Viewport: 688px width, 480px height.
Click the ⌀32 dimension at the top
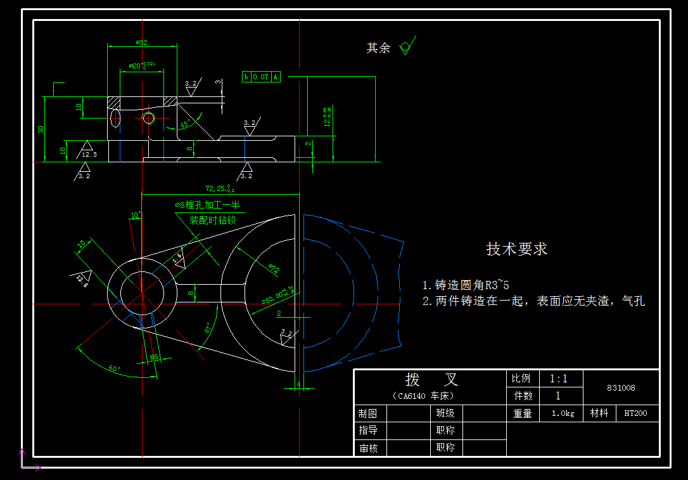click(x=142, y=42)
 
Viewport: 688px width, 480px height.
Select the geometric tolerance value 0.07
click(x=261, y=77)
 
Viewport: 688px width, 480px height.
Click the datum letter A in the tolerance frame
click(x=276, y=77)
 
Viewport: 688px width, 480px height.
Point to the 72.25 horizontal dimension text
click(x=220, y=188)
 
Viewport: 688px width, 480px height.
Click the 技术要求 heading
click(x=516, y=249)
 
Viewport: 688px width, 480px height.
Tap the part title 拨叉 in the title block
click(x=431, y=380)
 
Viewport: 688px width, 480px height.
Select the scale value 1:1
click(x=558, y=379)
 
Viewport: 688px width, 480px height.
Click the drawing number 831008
click(x=621, y=387)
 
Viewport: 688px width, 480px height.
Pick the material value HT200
click(x=635, y=413)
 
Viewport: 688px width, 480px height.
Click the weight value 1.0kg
click(x=563, y=413)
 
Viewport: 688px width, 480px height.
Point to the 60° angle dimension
click(x=115, y=368)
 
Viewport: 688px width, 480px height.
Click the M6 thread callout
click(x=154, y=358)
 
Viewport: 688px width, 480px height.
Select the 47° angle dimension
click(x=208, y=328)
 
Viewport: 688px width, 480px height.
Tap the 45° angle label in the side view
click(x=186, y=124)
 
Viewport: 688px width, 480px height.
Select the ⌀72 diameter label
click(x=274, y=269)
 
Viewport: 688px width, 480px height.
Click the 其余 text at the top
click(x=378, y=48)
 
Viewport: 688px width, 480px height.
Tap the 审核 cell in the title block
click(x=368, y=448)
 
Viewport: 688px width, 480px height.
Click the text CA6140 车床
click(x=424, y=396)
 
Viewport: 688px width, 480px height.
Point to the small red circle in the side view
click(x=148, y=118)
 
